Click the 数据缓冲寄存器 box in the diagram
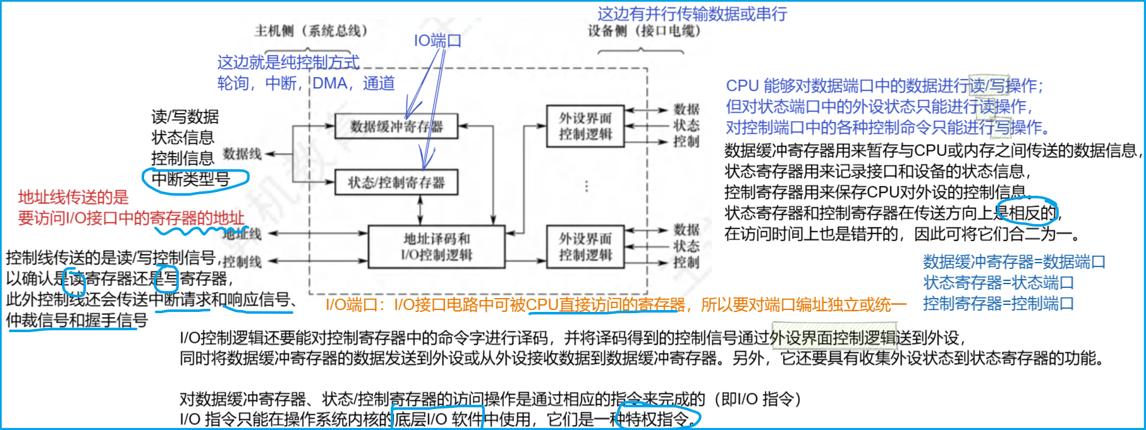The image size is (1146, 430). [x=396, y=126]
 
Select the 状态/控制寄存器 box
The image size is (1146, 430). [x=396, y=182]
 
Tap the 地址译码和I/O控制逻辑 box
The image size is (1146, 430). [x=436, y=247]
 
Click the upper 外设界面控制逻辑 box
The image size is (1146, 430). [x=585, y=126]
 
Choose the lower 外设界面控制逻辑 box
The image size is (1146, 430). [x=585, y=247]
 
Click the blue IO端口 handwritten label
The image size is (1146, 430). [x=437, y=41]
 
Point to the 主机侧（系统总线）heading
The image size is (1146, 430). [x=311, y=30]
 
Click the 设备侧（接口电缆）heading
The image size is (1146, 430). [x=644, y=30]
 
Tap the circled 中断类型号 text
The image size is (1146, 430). [x=191, y=179]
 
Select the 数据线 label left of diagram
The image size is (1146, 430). [x=242, y=153]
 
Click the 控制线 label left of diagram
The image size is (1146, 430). [x=242, y=261]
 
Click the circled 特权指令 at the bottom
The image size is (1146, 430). [x=657, y=419]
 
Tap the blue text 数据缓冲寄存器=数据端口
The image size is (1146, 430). [x=1014, y=261]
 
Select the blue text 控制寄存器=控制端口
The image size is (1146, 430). [x=998, y=303]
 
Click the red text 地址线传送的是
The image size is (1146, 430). [x=73, y=197]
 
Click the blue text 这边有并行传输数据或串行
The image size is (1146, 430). [x=692, y=14]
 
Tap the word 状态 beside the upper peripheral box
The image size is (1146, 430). [x=686, y=125]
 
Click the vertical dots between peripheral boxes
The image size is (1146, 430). [x=587, y=186]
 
